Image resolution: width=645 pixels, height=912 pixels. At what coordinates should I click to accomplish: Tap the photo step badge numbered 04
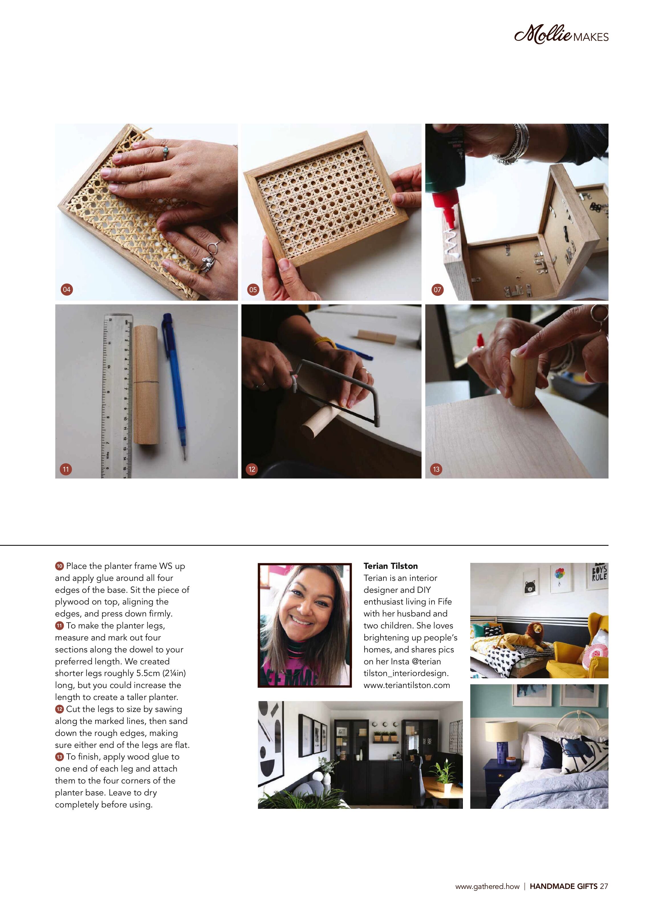pos(66,289)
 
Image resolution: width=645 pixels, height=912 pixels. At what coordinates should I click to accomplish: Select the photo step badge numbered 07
pos(437,290)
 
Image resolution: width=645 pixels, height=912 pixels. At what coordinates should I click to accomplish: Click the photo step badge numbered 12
pos(252,469)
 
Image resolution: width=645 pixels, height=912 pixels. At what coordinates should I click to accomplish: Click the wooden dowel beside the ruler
pos(146,384)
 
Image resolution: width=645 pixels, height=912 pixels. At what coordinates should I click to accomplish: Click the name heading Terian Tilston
pos(390,566)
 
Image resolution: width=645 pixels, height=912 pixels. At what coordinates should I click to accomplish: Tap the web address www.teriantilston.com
pos(407,685)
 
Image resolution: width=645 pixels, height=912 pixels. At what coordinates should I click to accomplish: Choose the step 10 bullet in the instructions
pos(60,566)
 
